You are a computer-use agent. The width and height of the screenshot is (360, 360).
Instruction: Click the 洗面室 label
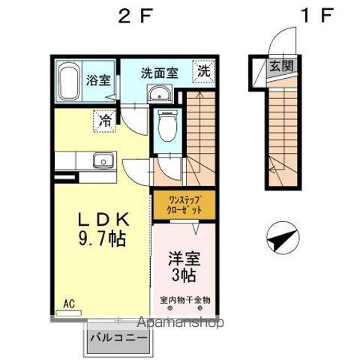(x=160, y=73)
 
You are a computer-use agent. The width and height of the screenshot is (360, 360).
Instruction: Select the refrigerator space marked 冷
(x=104, y=118)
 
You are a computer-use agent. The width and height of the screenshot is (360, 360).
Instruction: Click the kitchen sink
(x=101, y=160)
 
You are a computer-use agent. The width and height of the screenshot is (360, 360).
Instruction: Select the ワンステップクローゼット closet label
(x=183, y=206)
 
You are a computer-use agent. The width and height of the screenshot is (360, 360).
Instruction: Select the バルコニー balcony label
(x=118, y=337)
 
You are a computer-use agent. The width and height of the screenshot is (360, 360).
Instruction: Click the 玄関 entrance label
(x=281, y=66)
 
